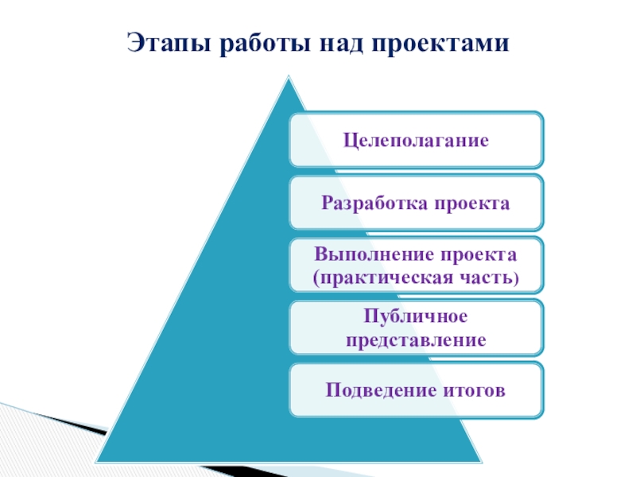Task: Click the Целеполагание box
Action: point(416,141)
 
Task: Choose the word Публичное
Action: point(415,317)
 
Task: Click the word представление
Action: point(415,339)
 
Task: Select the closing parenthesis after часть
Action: point(515,279)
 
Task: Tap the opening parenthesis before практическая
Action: point(316,279)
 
